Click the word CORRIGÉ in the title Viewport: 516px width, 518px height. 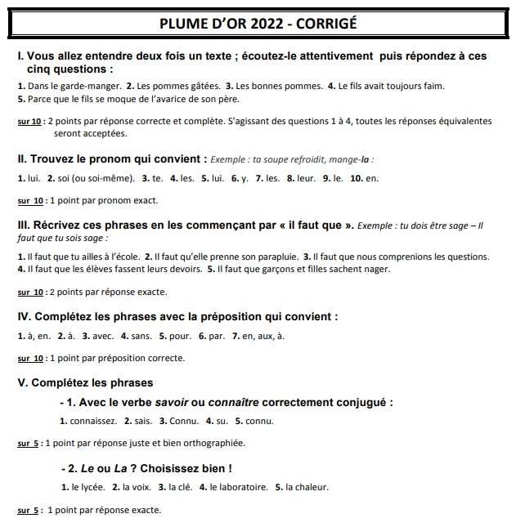pos(321,23)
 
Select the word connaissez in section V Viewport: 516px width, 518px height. pos(92,422)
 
